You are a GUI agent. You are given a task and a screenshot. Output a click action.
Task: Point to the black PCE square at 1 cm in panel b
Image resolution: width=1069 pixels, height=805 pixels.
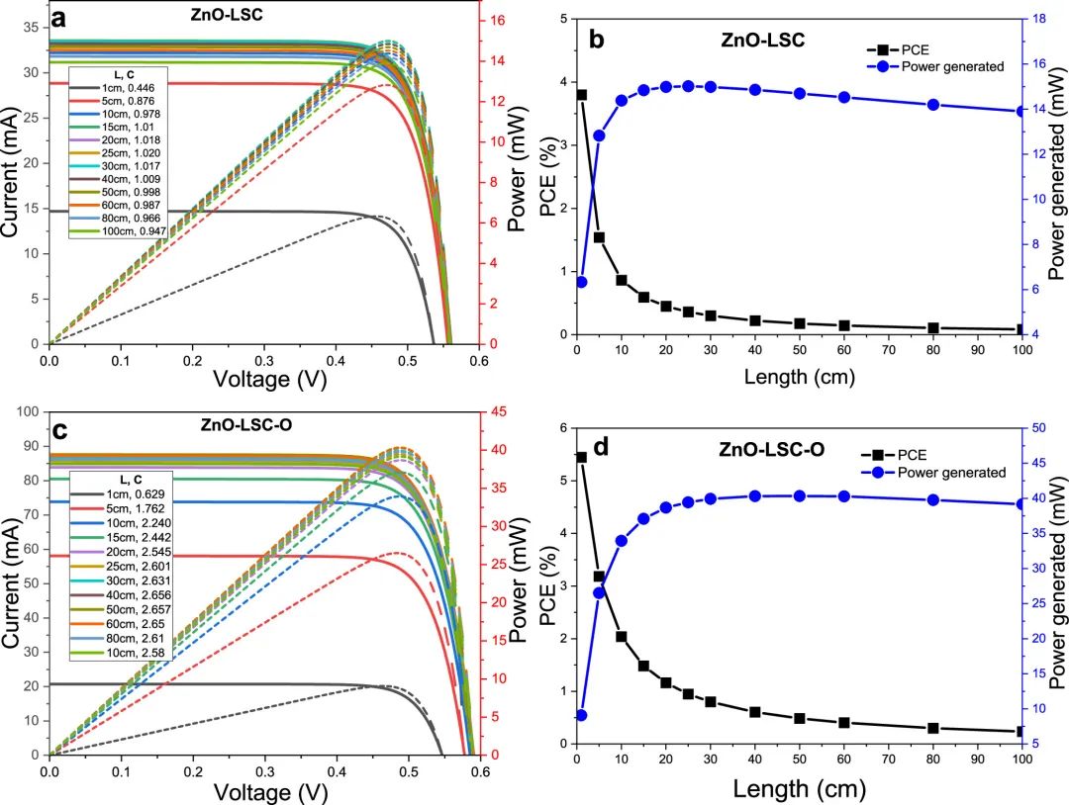pyautogui.click(x=581, y=95)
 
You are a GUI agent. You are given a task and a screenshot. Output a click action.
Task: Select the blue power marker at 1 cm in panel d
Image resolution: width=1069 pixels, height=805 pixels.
pyautogui.click(x=581, y=715)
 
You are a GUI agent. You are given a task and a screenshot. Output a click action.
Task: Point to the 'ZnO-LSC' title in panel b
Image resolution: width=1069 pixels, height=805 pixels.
pyautogui.click(x=762, y=41)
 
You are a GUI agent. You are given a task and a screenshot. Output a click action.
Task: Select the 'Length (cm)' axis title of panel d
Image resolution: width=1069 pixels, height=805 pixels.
pyautogui.click(x=799, y=789)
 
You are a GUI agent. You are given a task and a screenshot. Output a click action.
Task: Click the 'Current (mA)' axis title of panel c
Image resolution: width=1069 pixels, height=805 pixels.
pyautogui.click(x=13, y=582)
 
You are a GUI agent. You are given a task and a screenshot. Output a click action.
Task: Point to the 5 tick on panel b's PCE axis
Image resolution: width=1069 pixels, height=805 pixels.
pyautogui.click(x=562, y=19)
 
